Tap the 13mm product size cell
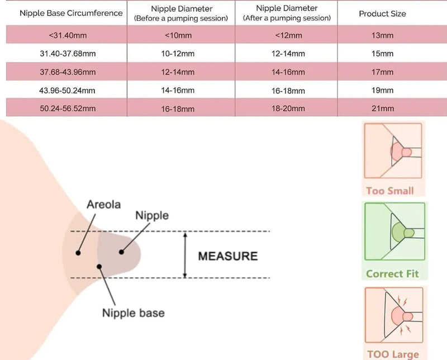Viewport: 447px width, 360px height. pos(382,36)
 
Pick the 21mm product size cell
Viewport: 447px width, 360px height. pos(382,108)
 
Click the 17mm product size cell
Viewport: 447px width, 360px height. pos(382,72)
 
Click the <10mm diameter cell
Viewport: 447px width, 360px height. pos(180,36)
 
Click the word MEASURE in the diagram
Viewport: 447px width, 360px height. pos(228,256)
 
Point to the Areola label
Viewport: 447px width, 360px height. pos(103,205)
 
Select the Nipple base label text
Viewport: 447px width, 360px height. pos(133,312)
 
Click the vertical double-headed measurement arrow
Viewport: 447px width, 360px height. pos(186,255)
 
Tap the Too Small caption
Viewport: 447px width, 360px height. pos(390,191)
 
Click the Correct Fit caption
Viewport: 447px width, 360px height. pos(392,274)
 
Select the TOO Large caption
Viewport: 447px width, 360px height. pos(393,353)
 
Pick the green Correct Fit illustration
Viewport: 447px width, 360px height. pos(394,233)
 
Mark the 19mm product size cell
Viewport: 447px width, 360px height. pos(382,90)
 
